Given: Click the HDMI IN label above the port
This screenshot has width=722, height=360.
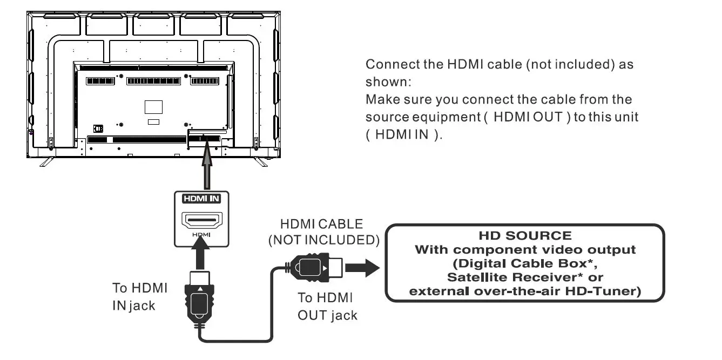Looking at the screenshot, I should pyautogui.click(x=201, y=199).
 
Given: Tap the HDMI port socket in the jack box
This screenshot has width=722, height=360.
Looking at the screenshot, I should pyautogui.click(x=202, y=220).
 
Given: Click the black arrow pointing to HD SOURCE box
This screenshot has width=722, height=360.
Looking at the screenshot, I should pyautogui.click(x=362, y=267).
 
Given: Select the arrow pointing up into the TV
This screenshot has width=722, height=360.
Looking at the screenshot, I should pyautogui.click(x=206, y=167).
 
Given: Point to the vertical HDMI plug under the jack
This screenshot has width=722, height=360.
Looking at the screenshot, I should pyautogui.click(x=200, y=300).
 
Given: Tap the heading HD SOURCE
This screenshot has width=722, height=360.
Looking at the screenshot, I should pyautogui.click(x=524, y=236).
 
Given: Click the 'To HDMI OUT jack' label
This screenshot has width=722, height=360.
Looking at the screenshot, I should pyautogui.click(x=327, y=306).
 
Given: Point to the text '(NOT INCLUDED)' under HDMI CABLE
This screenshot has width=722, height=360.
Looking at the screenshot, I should pyautogui.click(x=323, y=240).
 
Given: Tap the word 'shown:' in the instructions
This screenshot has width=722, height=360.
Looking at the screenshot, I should pyautogui.click(x=388, y=81).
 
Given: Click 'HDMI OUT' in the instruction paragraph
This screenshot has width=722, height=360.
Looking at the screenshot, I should pyautogui.click(x=528, y=117).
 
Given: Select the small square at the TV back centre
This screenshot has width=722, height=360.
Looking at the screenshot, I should pyautogui.click(x=153, y=106).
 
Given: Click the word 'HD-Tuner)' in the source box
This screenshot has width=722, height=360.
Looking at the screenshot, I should pyautogui.click(x=610, y=291).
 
